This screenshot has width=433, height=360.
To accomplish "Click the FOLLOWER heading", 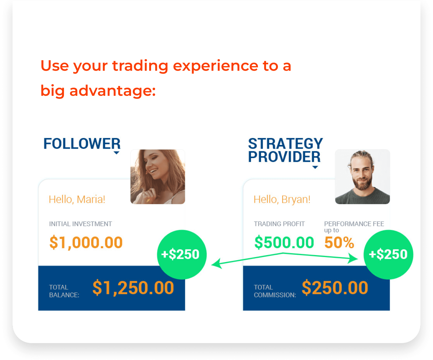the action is (x=82, y=143).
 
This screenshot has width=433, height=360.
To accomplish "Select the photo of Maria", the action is (x=158, y=177).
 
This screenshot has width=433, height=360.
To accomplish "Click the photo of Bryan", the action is (x=363, y=177).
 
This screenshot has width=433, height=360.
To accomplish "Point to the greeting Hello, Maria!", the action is (x=77, y=199).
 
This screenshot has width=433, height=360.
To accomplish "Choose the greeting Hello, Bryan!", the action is (x=282, y=199).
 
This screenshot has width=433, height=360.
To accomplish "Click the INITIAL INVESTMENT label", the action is (x=81, y=224).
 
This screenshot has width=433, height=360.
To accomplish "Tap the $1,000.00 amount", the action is (x=86, y=243).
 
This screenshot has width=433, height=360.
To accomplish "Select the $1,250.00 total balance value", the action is (x=133, y=288).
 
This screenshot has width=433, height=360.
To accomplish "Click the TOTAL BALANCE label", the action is (x=64, y=291).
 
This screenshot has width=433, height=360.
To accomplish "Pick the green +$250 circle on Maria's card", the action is (x=182, y=255).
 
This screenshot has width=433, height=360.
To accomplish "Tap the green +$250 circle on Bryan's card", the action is (x=388, y=255).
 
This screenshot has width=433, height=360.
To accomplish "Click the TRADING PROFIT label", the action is (x=279, y=224).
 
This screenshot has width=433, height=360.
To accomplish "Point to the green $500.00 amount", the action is (x=284, y=242).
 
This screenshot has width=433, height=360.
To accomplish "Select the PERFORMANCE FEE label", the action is (x=354, y=224).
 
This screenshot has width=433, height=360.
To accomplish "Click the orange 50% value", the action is (x=339, y=243).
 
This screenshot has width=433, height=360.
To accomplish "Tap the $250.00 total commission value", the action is (x=335, y=288).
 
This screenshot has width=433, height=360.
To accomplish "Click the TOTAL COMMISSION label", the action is (x=275, y=291).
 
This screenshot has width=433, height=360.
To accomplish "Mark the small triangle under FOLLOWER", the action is (x=117, y=153).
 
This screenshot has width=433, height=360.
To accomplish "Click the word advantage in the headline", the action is (x=112, y=91).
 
